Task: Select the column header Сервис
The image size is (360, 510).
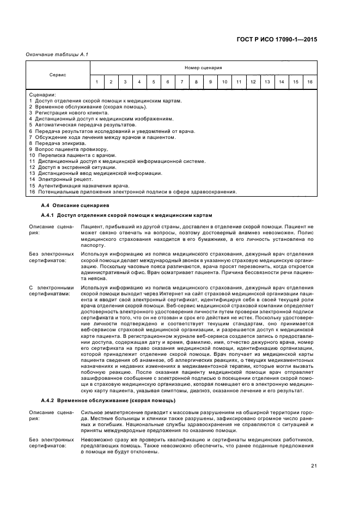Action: (x=58, y=75)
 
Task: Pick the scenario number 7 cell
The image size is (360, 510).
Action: (x=182, y=82)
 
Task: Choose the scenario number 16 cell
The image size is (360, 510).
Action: (x=309, y=82)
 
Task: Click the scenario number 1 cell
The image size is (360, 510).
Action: (x=97, y=82)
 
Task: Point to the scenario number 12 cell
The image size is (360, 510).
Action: (x=253, y=82)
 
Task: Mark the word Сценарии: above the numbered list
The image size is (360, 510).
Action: (x=42, y=95)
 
